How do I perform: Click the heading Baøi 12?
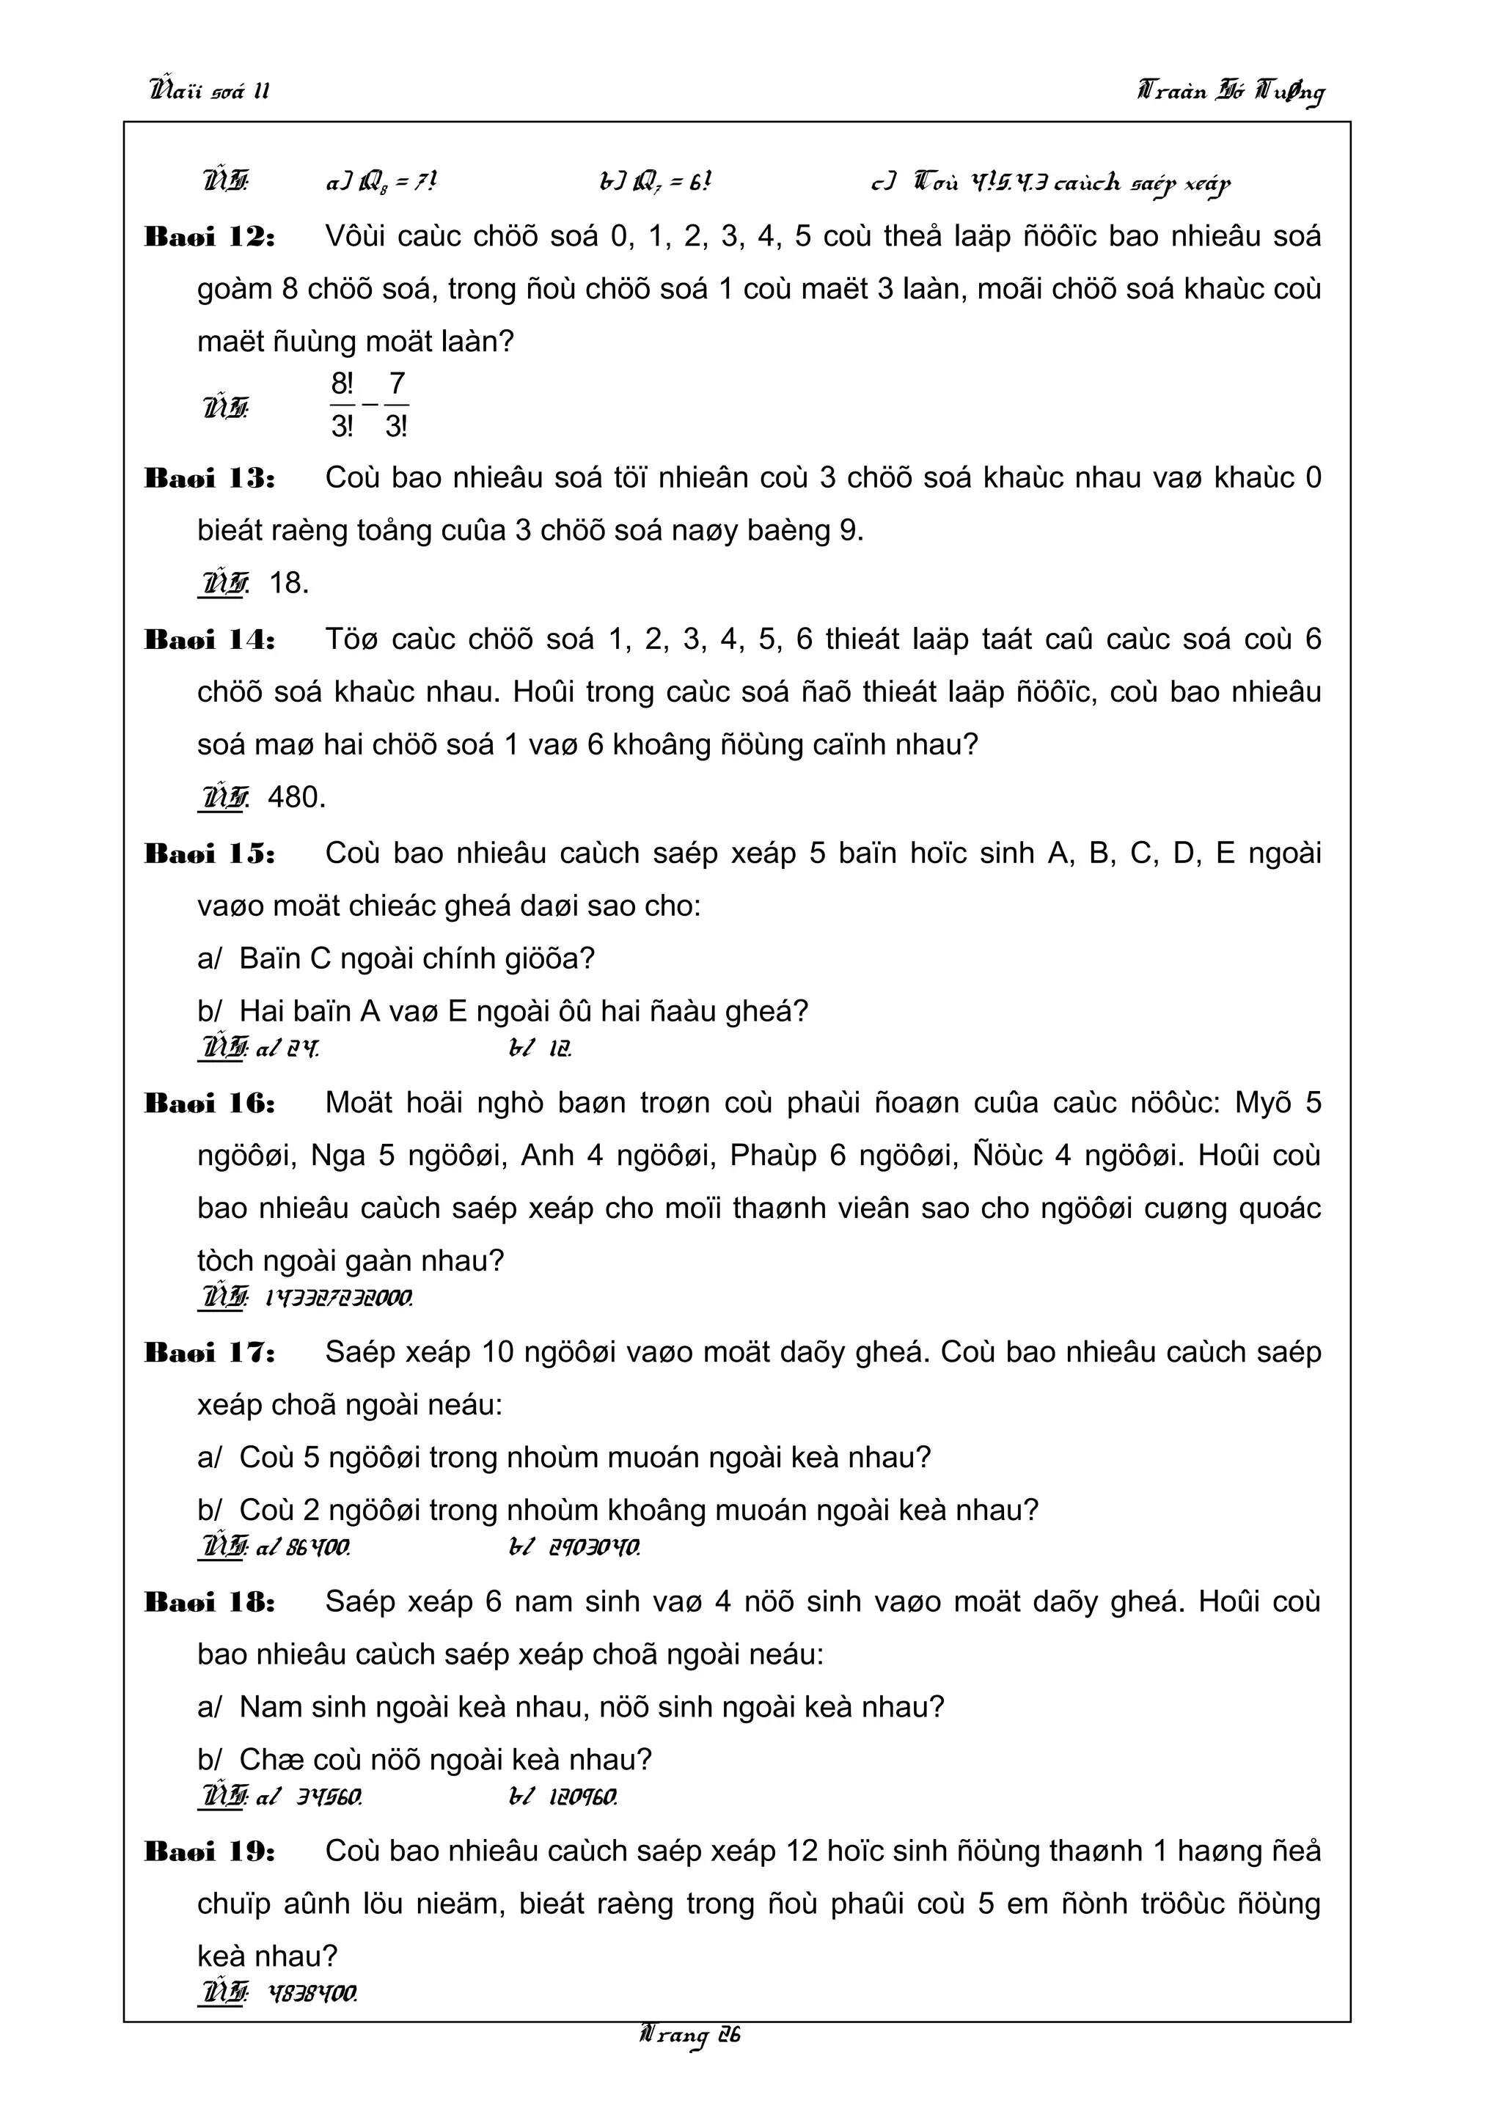(209, 237)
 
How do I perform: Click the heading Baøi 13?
(209, 479)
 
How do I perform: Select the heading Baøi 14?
(209, 639)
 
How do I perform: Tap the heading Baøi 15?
(209, 854)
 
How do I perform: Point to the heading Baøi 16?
(209, 1104)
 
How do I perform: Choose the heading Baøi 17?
(209, 1353)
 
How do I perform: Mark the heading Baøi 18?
(209, 1602)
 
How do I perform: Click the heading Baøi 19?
(209, 1852)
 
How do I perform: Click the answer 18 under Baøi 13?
(287, 584)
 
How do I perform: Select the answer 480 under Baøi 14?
(296, 798)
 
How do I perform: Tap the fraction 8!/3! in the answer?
(342, 405)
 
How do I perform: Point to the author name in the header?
(1230, 92)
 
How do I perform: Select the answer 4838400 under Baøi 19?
(312, 1994)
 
